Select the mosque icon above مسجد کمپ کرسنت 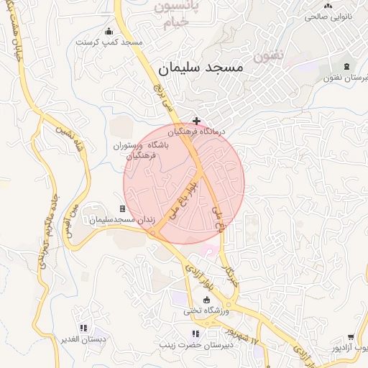(109, 31)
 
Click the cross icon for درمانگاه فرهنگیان (196, 121)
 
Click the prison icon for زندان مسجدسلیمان (122, 208)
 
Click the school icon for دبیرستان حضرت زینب (195, 333)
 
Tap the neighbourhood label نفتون (269, 55)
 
